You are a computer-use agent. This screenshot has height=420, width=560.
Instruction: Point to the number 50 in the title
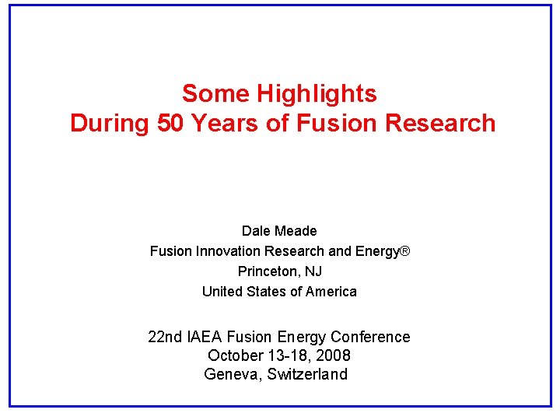coord(171,123)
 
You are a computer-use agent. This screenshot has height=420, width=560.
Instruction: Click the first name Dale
coord(255,231)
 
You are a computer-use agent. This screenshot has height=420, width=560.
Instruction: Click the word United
coord(222,292)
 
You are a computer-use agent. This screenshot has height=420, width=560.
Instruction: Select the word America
coord(331,292)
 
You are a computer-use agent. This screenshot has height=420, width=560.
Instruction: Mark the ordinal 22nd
coord(165,337)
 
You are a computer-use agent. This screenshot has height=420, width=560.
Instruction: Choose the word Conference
coord(370,337)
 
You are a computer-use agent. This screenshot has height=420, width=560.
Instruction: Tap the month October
coord(236,355)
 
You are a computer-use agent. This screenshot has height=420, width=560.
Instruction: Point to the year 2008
coord(332,355)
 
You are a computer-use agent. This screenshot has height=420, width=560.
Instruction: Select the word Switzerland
coord(308,374)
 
